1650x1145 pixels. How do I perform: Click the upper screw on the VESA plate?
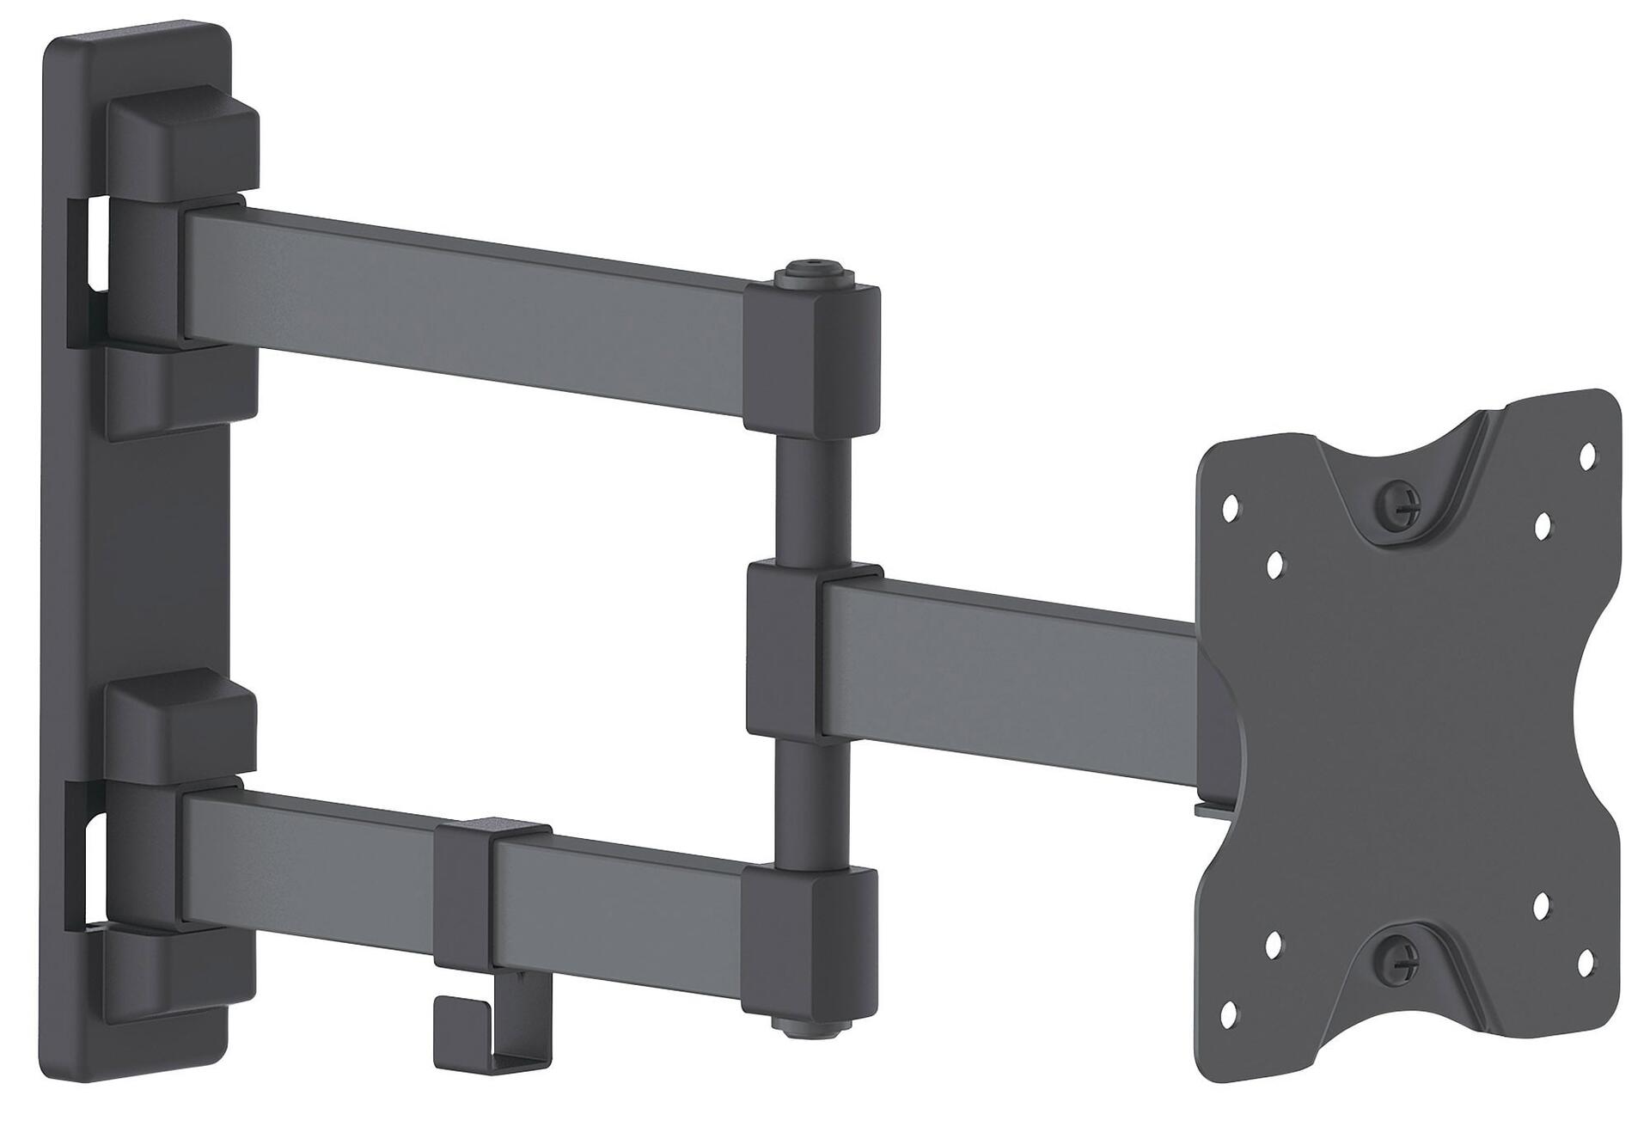tap(1397, 507)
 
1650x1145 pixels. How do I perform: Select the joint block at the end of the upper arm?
tap(811, 361)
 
